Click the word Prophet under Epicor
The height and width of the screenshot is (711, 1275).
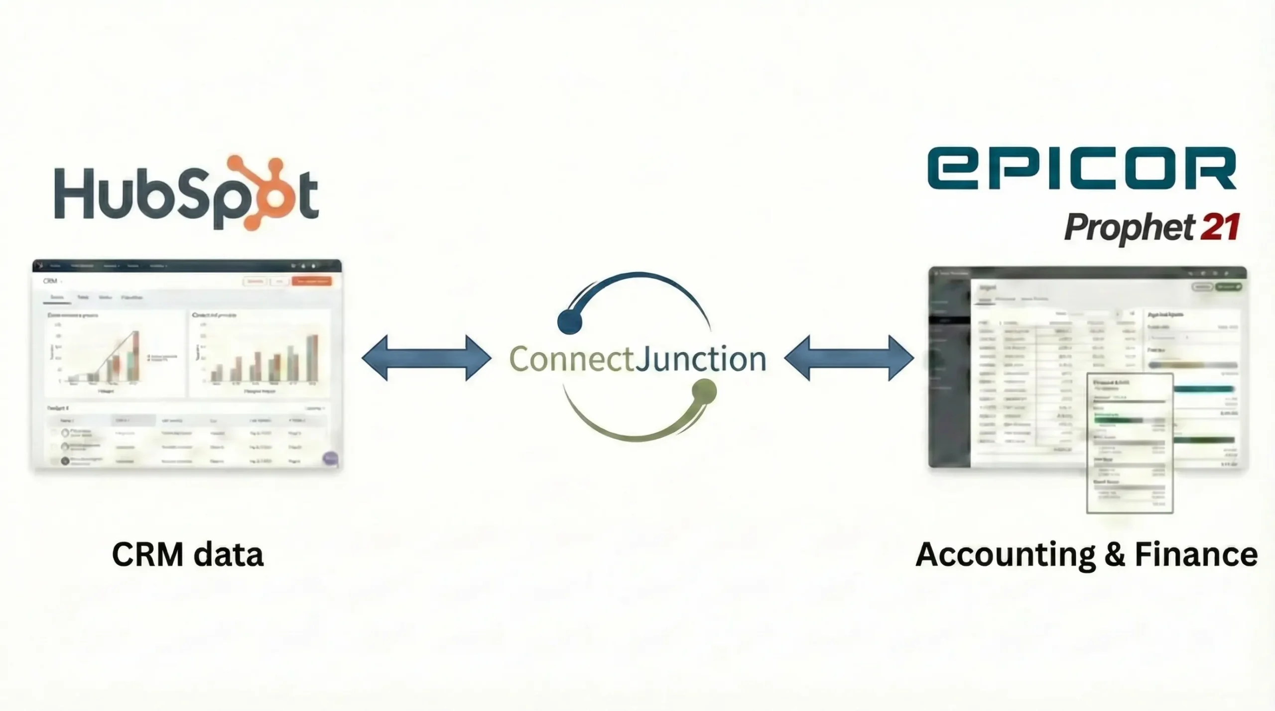[1128, 229]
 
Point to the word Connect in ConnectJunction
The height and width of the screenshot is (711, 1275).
[571, 359]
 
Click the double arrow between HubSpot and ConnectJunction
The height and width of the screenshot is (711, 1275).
[426, 358]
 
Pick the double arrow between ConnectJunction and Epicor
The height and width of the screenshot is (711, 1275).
[849, 358]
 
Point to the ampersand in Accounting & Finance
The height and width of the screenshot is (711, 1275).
[1115, 555]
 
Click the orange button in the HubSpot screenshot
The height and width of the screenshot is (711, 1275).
[312, 282]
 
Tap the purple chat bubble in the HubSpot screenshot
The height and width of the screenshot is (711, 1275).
[330, 458]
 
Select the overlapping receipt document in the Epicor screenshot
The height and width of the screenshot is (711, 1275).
[1130, 443]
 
